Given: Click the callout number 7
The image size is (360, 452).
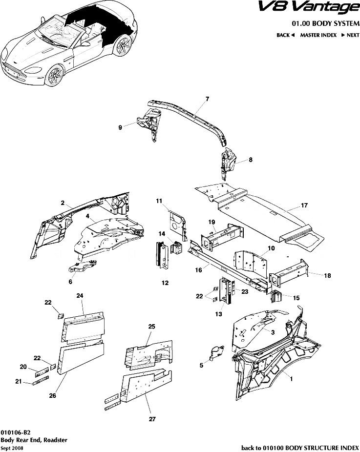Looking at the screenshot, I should coord(207,99).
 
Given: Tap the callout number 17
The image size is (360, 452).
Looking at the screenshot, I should coord(304,205).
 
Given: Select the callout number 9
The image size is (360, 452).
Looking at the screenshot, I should coord(120,127).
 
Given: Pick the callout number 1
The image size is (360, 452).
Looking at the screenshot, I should coord(292,377).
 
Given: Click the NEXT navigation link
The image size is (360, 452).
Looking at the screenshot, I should coord(350,35).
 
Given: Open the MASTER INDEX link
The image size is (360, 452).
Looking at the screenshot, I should coord(318,35).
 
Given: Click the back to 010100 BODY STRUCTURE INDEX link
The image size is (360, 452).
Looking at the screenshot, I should coord(300,448).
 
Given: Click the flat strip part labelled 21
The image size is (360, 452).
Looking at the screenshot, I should coord(41,382).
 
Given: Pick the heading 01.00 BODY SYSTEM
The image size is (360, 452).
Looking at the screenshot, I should coord(325,23).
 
